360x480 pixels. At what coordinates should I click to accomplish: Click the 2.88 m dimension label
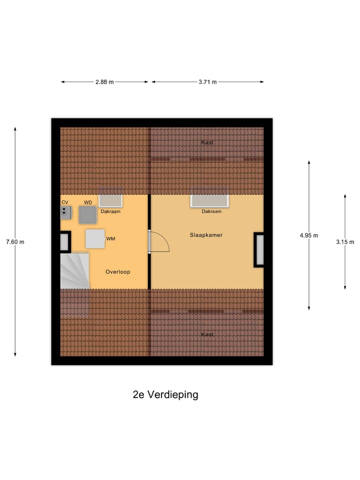pos(104,82)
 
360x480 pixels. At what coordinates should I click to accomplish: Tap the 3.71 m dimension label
pos(207,82)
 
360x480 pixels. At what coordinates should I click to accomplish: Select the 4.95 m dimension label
pos(309,235)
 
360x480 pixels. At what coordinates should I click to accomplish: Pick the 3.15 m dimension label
pos(345,242)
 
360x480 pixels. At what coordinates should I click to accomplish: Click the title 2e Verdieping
pos(165,394)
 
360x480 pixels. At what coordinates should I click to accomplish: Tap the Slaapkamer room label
pos(206,234)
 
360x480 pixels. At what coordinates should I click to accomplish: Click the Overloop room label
pos(118,272)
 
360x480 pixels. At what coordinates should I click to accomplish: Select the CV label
pos(64,202)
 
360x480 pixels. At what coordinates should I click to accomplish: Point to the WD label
pos(88,202)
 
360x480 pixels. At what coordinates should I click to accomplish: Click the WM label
pos(110,239)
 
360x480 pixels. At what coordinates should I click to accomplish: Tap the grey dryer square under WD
pos(88,214)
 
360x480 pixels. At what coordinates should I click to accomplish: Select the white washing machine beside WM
pos(94,238)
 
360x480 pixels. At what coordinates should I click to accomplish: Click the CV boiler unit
pos(65,213)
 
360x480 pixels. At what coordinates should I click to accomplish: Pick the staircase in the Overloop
pos(74,271)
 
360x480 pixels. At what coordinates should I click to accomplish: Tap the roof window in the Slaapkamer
pos(209,201)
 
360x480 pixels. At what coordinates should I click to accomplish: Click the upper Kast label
pos(207,142)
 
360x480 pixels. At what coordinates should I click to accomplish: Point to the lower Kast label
pos(207,334)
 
